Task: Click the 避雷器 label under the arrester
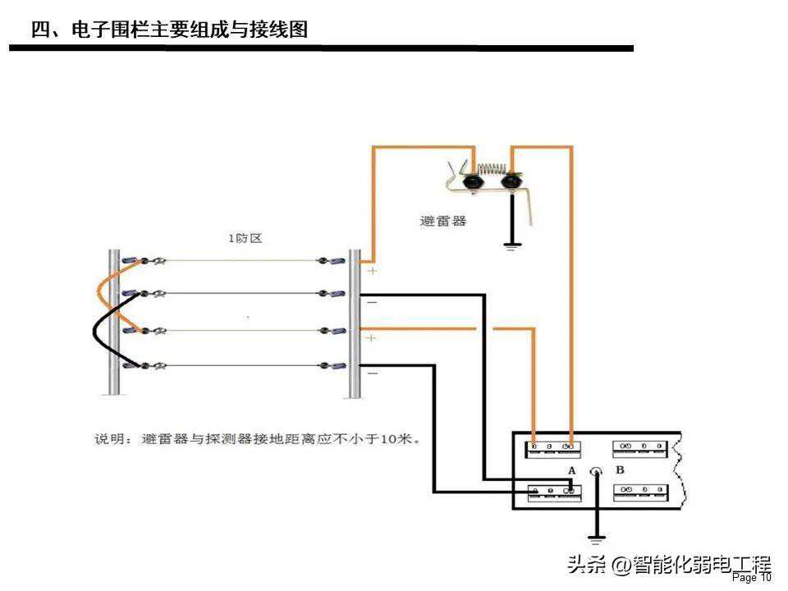(442, 222)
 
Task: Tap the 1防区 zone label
(245, 238)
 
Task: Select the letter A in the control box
(571, 470)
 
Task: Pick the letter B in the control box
(620, 470)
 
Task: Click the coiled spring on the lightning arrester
(492, 170)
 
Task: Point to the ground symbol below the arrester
(512, 245)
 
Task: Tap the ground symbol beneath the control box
(597, 539)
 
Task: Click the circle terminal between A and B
(597, 471)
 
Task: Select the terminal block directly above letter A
(553, 447)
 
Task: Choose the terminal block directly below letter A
(553, 492)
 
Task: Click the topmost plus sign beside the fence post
(372, 271)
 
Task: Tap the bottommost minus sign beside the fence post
(372, 373)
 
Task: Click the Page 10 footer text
(751, 578)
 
